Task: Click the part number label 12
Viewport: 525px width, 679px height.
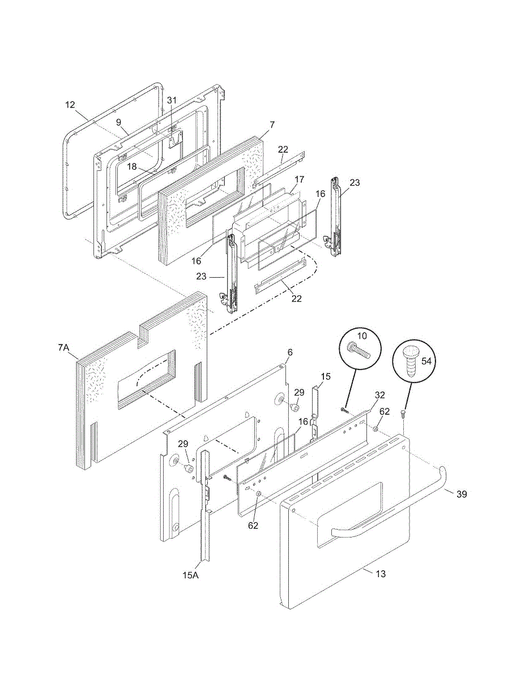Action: pos(70,105)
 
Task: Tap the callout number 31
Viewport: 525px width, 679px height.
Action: pos(172,100)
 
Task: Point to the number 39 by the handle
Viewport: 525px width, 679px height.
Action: pos(462,494)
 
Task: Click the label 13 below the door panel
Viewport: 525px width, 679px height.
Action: pos(381,574)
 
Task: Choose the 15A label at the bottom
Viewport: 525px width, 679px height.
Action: pos(190,575)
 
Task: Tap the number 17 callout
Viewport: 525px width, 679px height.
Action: pos(299,179)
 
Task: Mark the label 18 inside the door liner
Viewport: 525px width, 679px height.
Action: pos(131,166)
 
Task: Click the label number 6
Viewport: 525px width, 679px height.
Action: pos(289,352)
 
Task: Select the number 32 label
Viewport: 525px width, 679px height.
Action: pos(379,394)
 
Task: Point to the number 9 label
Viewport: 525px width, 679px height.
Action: pos(118,122)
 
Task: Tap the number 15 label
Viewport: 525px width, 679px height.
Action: pos(325,376)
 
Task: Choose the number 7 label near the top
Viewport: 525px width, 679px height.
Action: pos(272,124)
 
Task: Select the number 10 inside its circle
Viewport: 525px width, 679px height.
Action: pos(362,336)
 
